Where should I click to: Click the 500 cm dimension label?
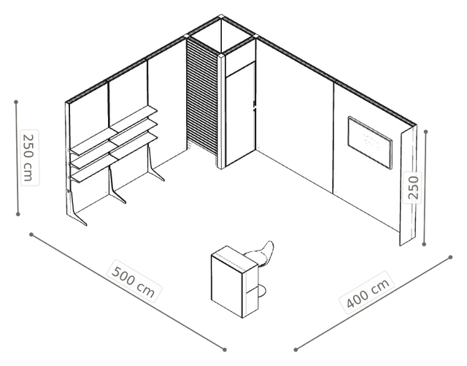tap(134, 282)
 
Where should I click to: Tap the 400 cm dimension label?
tap(368, 293)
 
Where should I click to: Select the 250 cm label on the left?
tap(30, 158)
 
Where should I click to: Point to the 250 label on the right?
tap(412, 188)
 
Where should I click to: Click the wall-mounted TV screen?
tap(370, 142)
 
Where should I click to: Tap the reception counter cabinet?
tap(234, 281)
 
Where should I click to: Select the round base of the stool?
tap(261, 291)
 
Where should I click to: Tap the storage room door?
tap(240, 114)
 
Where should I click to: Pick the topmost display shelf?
tap(114, 130)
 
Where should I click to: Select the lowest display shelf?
tap(114, 157)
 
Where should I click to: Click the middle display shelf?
tap(114, 144)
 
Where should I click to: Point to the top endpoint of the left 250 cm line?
tap(16, 102)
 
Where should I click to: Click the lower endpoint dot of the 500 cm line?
tap(225, 350)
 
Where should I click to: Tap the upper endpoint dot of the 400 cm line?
tap(451, 257)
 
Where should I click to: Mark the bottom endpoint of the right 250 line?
tap(424, 244)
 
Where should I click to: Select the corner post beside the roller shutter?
tap(221, 111)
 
